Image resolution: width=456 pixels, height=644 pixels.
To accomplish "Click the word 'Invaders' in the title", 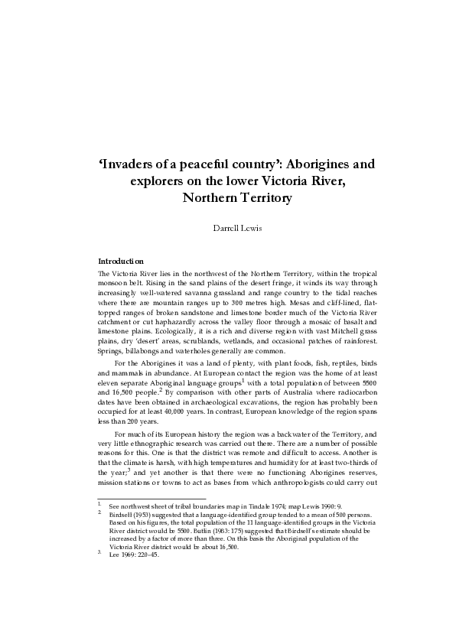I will coord(134,164).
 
